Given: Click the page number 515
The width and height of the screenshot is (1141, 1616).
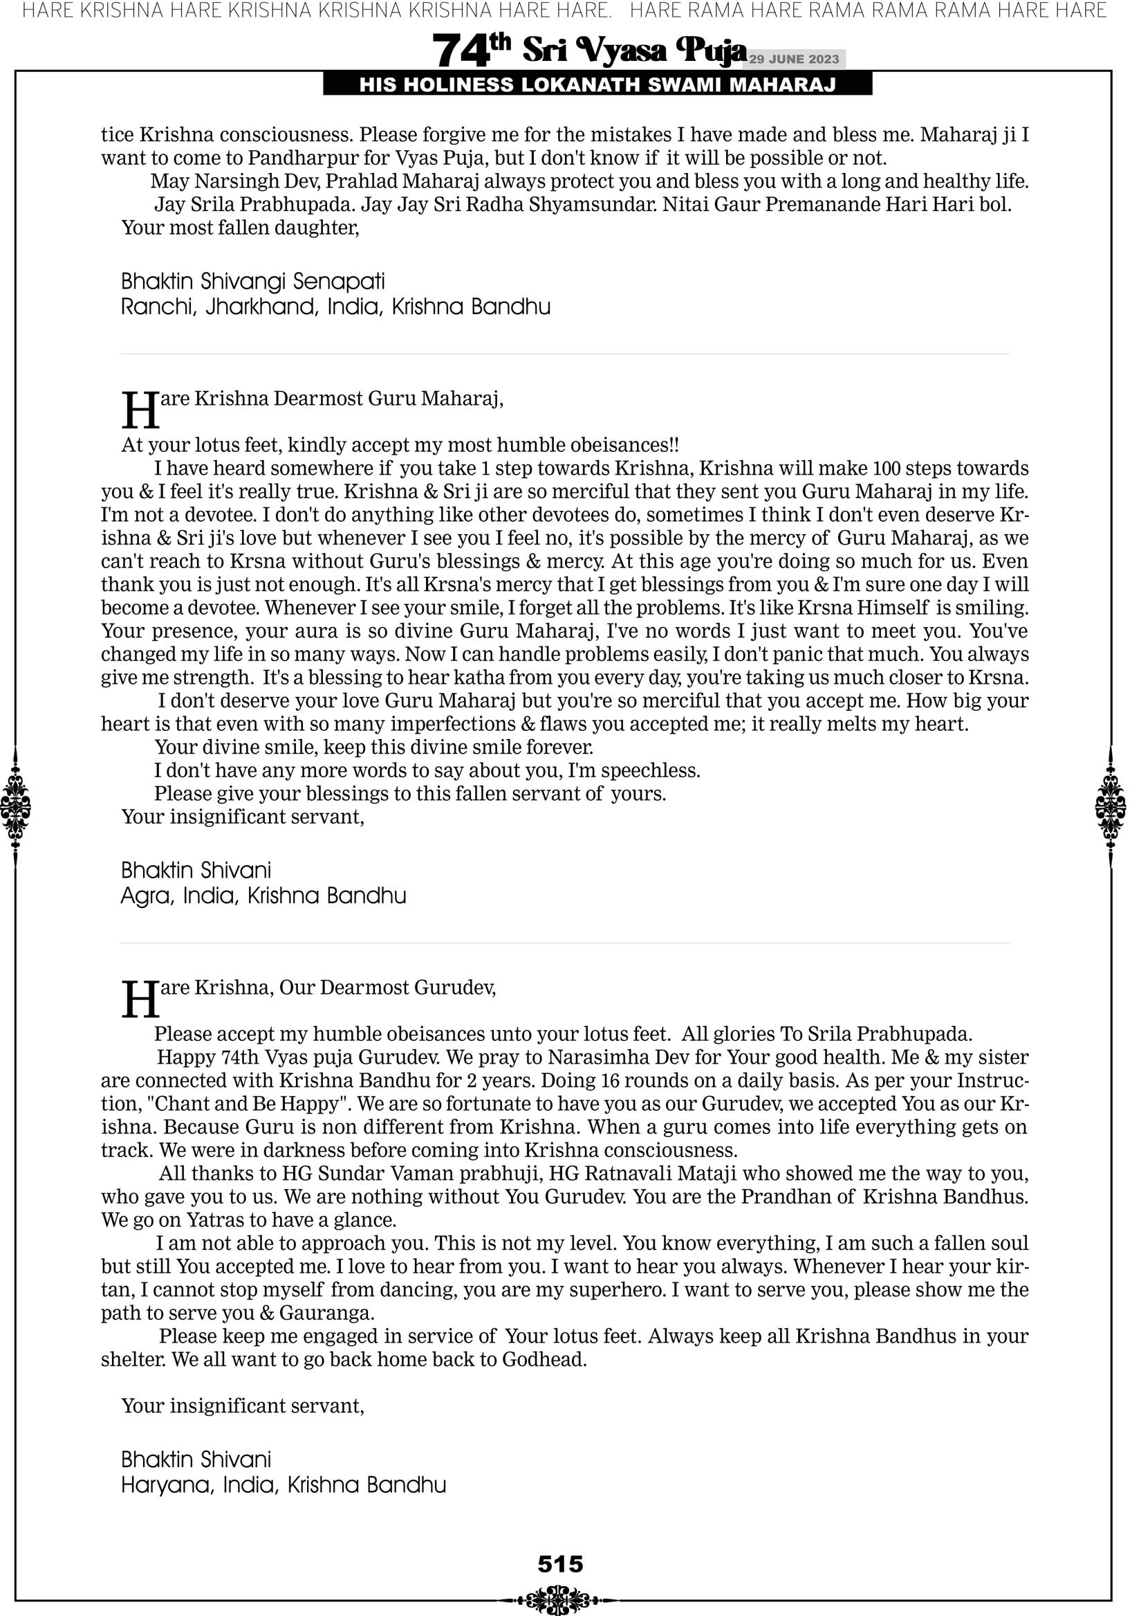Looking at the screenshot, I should (560, 1564).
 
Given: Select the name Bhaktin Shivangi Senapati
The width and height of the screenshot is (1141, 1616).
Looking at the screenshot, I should (252, 282).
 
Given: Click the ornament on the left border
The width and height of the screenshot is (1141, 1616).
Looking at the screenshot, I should (15, 806).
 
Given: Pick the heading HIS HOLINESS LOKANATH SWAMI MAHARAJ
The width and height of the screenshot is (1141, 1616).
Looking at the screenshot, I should (597, 85).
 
